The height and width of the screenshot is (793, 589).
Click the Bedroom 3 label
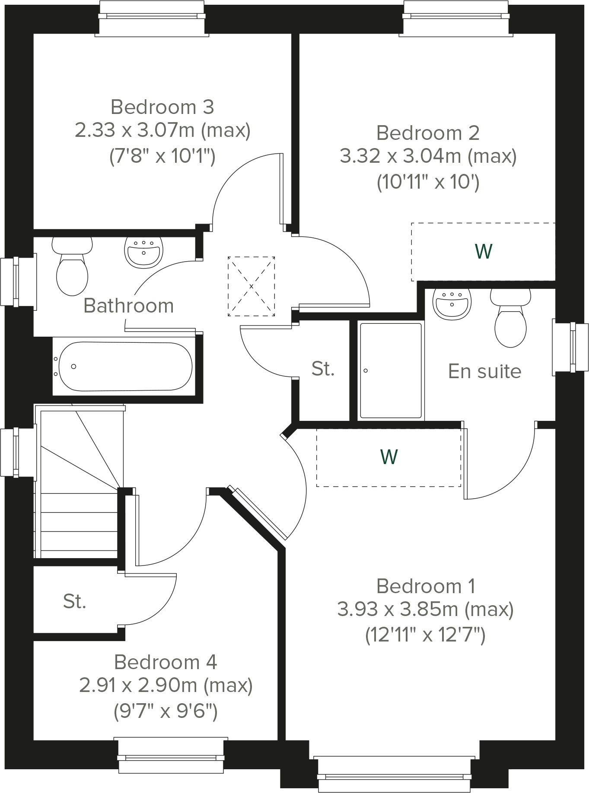(x=162, y=107)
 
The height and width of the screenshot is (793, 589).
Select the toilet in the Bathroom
(x=72, y=268)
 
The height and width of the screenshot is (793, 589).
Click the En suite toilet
(x=510, y=319)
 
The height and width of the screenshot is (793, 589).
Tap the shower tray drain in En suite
(x=366, y=371)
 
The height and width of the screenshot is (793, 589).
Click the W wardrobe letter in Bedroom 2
(x=483, y=251)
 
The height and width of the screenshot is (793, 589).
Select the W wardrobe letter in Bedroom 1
(x=389, y=457)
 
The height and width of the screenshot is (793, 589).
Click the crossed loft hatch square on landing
(x=251, y=286)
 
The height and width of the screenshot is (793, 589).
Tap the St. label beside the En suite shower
(x=323, y=369)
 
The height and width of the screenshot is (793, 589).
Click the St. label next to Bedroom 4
(x=74, y=601)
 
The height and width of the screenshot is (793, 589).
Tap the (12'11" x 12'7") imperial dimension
(x=425, y=635)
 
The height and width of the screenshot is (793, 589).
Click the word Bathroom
(x=128, y=306)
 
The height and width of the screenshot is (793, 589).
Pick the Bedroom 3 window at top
(x=152, y=17)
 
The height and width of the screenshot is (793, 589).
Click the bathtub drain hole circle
(x=74, y=366)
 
